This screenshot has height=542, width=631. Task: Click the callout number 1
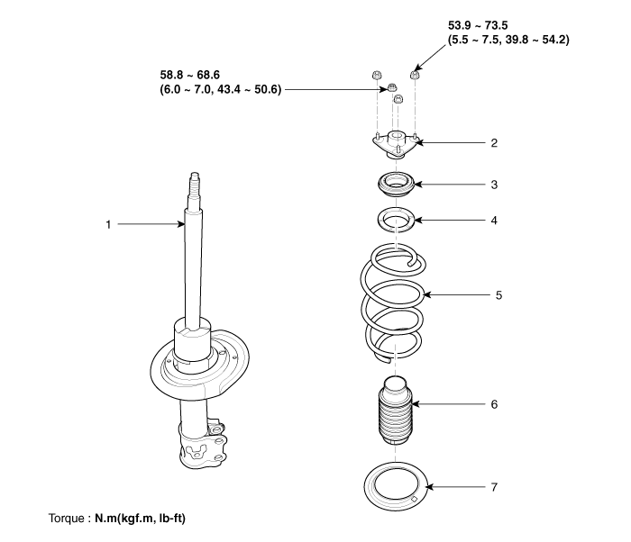click(x=108, y=224)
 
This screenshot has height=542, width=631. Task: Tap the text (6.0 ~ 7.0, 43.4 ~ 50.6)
click(x=216, y=90)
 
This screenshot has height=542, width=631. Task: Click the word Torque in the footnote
click(x=66, y=519)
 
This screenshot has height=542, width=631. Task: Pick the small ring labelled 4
click(x=394, y=219)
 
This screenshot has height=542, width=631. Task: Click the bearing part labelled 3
click(x=395, y=187)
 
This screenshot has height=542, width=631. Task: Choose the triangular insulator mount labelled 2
click(x=395, y=145)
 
